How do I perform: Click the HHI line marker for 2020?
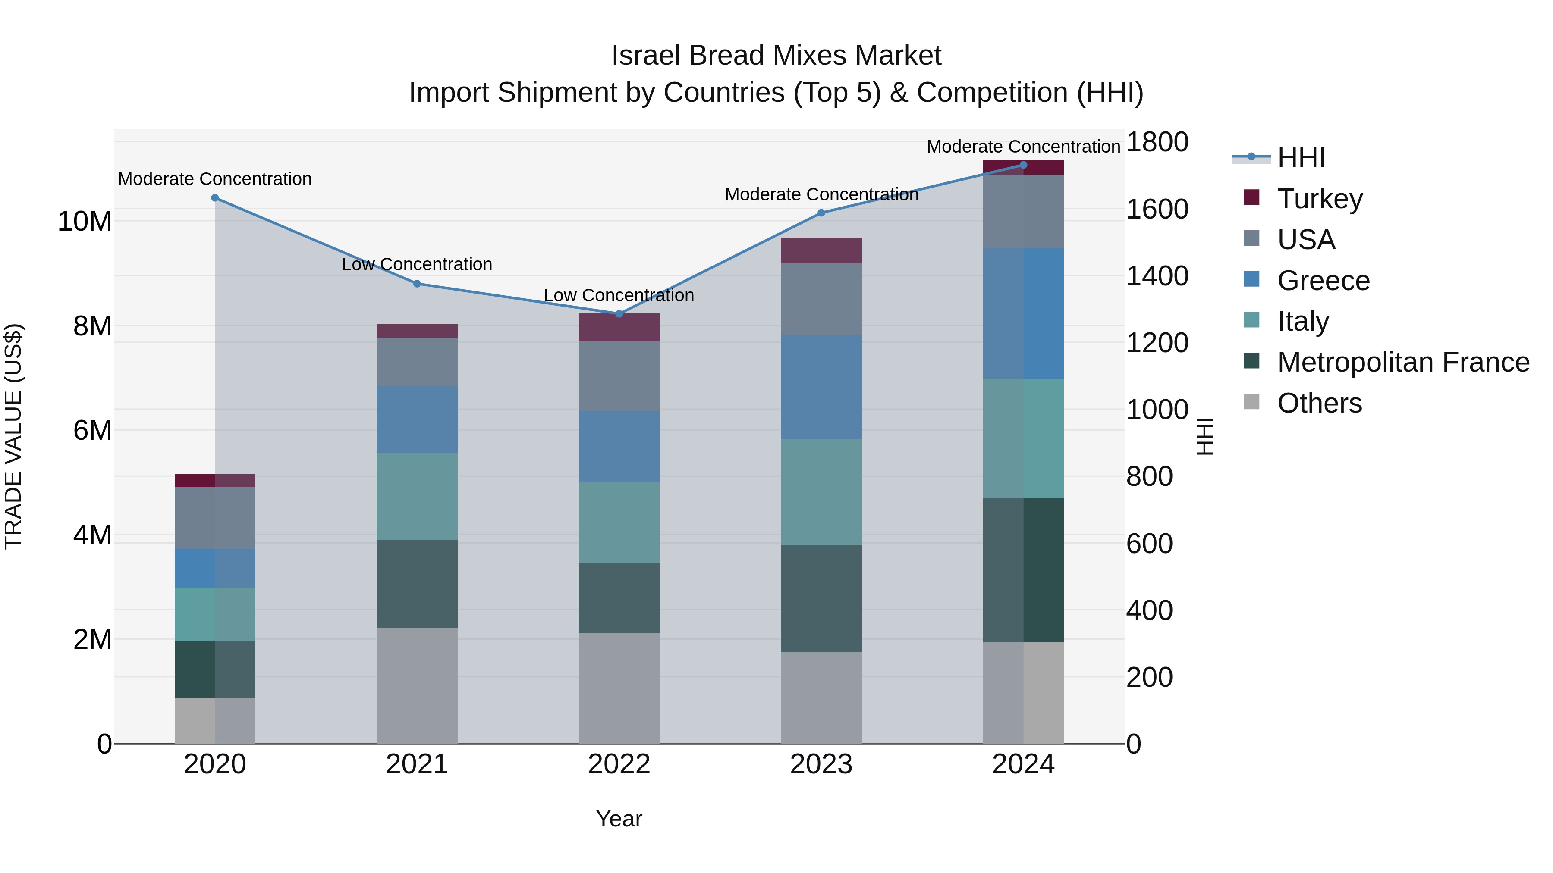tap(215, 197)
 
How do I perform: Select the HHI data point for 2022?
tap(619, 313)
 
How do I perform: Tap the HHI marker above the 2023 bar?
tap(821, 213)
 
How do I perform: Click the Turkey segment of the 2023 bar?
tap(821, 250)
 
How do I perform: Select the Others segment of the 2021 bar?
tap(417, 685)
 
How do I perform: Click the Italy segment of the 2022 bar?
tap(619, 523)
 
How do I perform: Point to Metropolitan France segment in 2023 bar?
tap(821, 598)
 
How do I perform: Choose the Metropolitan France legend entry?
tap(1402, 362)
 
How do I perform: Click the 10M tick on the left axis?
tap(85, 221)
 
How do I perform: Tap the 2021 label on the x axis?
tap(417, 764)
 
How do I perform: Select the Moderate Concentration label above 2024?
tap(1023, 147)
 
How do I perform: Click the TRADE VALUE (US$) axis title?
tap(13, 436)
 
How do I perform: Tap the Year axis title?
tap(619, 819)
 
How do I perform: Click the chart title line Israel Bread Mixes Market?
tap(776, 56)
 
